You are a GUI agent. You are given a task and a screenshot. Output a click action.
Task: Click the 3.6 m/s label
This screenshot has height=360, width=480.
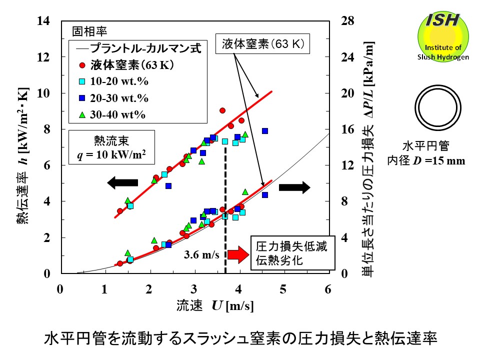pos(202,255)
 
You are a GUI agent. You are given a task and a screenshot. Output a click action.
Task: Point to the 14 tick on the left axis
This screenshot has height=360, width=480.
pos(48,21)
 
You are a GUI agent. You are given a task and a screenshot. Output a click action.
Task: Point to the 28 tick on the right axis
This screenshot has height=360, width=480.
pos(347,21)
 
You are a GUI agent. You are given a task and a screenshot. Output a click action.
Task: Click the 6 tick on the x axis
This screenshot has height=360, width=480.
pos(328,288)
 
